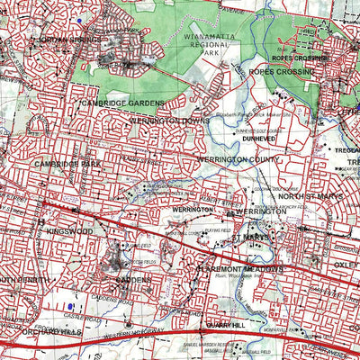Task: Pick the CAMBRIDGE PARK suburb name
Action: tap(69, 164)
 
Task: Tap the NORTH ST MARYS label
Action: tap(307, 196)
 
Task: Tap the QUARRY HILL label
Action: tap(223, 325)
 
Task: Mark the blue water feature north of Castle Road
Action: tap(67, 306)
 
